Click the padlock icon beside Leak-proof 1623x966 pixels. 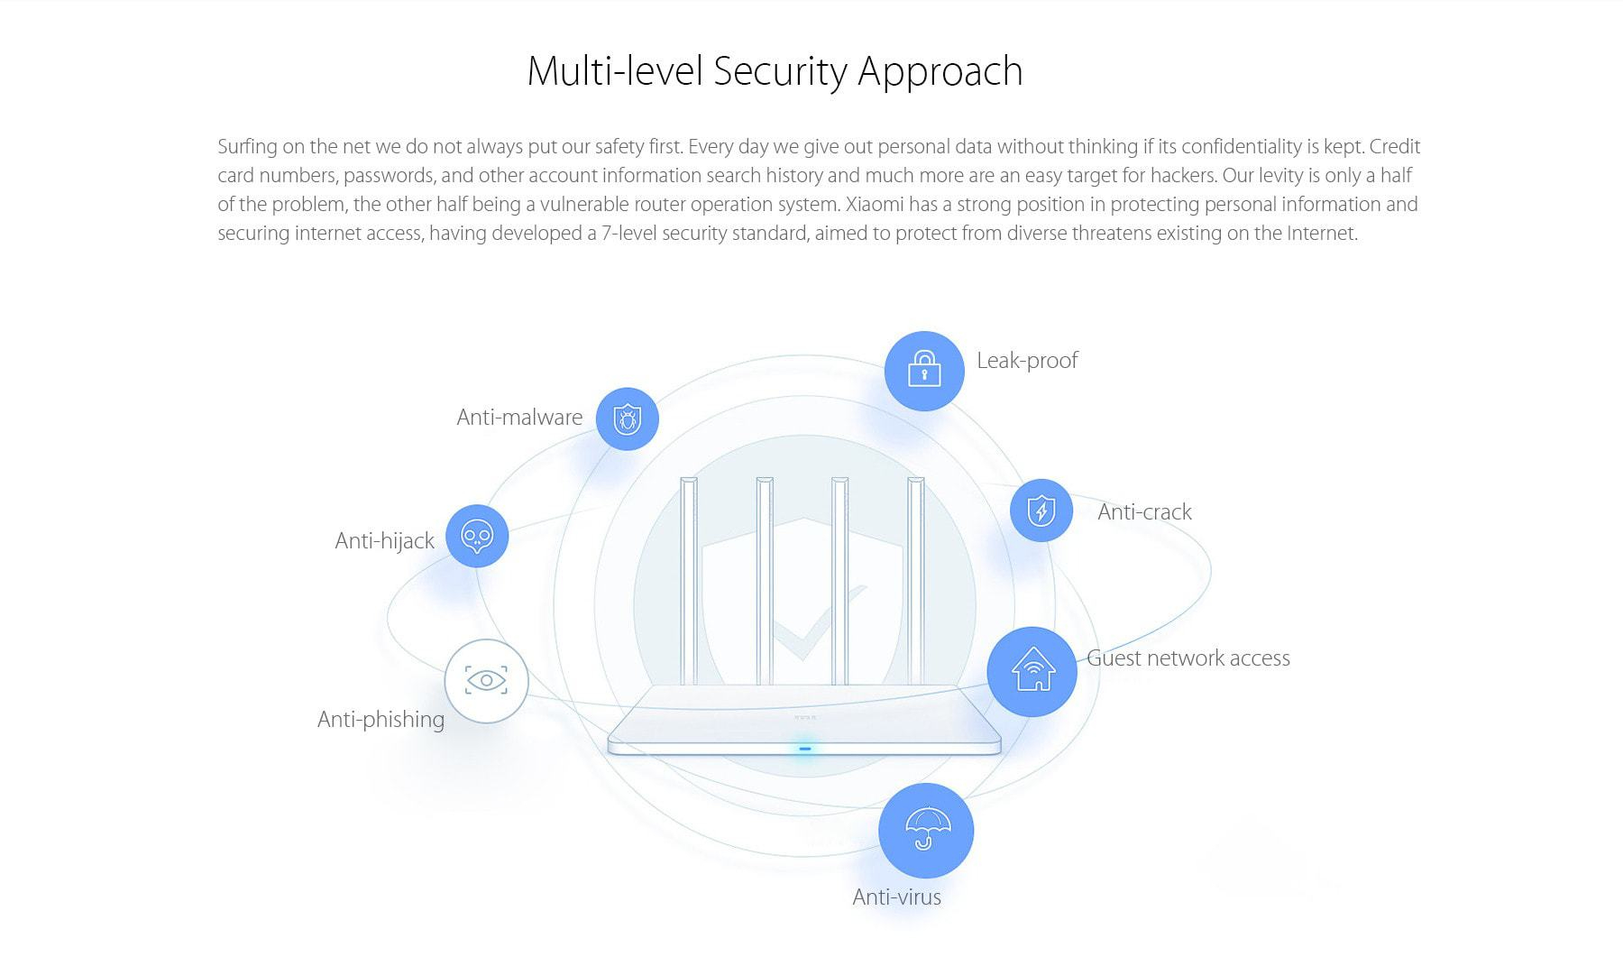pyautogui.click(x=924, y=370)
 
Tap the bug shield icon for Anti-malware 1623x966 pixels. pyautogui.click(x=627, y=419)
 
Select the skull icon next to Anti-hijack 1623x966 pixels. pyautogui.click(x=476, y=537)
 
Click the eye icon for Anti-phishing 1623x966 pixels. pyautogui.click(x=486, y=680)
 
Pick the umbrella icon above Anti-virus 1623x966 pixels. pyautogui.click(x=926, y=831)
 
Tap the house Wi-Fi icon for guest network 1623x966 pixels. pyautogui.click(x=1032, y=671)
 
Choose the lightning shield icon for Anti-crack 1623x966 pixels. pyautogui.click(x=1041, y=511)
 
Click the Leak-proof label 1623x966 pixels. pyautogui.click(x=1027, y=361)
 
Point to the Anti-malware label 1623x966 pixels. pyautogui.click(x=519, y=418)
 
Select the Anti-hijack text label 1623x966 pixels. pyautogui.click(x=384, y=541)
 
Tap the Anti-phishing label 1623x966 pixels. pyautogui.click(x=381, y=720)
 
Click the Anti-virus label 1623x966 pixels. pyautogui.click(x=896, y=897)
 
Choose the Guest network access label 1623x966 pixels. pyautogui.click(x=1188, y=658)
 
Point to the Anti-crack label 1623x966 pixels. pyautogui.click(x=1144, y=512)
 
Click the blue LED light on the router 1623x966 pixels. pyautogui.click(x=804, y=748)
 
